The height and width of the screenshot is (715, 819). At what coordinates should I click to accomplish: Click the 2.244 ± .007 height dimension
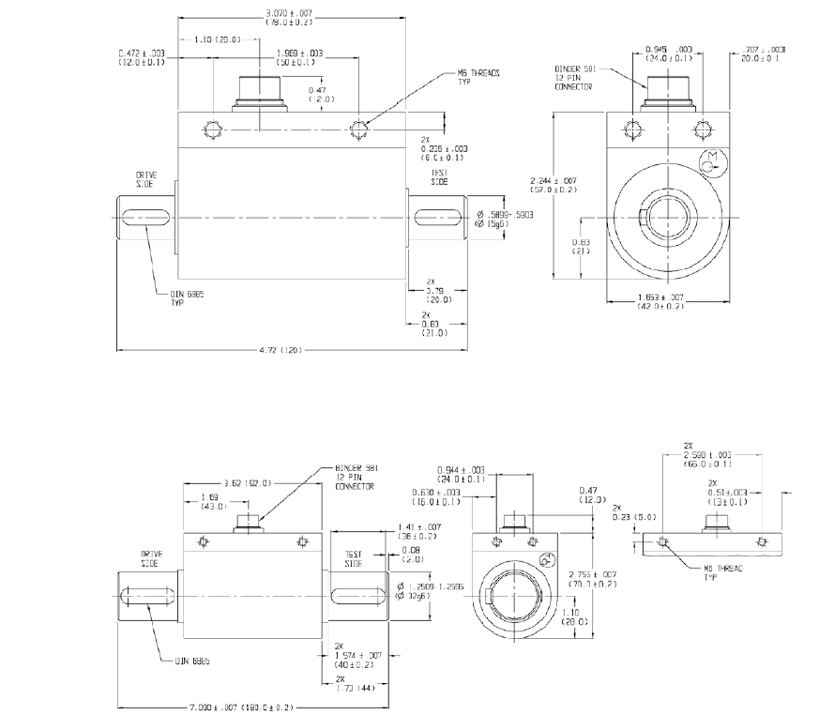click(x=554, y=184)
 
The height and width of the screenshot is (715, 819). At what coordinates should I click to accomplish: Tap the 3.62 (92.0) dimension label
click(x=245, y=483)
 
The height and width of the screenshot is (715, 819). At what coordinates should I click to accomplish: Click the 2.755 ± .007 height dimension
click(x=592, y=577)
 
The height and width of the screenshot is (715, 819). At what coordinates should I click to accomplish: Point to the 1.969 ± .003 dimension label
click(x=300, y=58)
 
